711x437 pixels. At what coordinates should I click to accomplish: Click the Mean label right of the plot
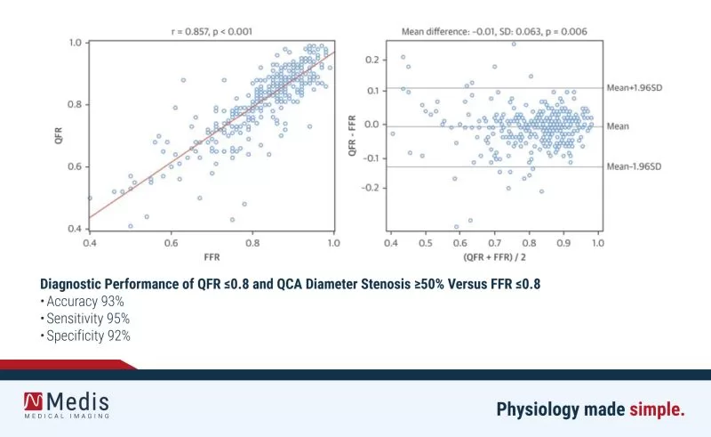(x=618, y=126)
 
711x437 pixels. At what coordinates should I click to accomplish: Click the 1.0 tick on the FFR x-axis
(x=333, y=241)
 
